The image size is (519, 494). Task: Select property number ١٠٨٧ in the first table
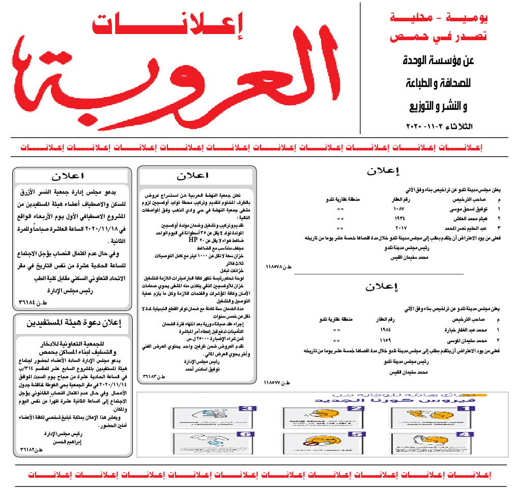tap(398, 209)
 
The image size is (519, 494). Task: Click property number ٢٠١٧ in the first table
tap(398, 228)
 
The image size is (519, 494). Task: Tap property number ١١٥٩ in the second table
tap(398, 339)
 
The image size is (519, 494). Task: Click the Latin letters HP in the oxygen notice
tap(193, 239)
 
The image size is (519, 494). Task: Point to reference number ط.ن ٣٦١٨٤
tap(32, 303)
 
